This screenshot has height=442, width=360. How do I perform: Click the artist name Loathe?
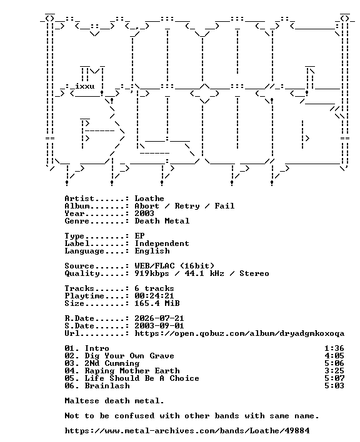(149, 199)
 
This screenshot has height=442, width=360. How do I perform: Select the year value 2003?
(144, 214)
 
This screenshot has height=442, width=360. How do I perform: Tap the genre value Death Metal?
(162, 221)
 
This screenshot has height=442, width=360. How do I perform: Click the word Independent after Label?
(162, 243)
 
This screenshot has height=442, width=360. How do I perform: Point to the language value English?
(152, 251)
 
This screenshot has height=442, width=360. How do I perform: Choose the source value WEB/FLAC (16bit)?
(174, 266)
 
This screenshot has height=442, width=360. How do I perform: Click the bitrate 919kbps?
(152, 273)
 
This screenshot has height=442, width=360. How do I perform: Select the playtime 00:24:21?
(154, 296)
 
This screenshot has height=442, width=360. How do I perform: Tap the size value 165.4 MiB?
(157, 303)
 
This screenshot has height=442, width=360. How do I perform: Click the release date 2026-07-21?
(159, 318)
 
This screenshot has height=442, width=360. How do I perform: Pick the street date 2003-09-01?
(159, 326)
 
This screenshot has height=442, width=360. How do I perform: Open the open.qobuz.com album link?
(239, 333)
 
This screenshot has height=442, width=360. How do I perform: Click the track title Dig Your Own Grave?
(129, 356)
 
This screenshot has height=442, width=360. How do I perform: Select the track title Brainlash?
(107, 386)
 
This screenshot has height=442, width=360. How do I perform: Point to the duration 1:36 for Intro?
(334, 348)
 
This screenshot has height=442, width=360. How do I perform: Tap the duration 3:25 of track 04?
(334, 371)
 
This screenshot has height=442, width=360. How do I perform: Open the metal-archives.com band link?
(187, 431)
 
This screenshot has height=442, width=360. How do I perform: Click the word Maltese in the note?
(82, 401)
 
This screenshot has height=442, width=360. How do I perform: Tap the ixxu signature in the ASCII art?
(84, 86)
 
